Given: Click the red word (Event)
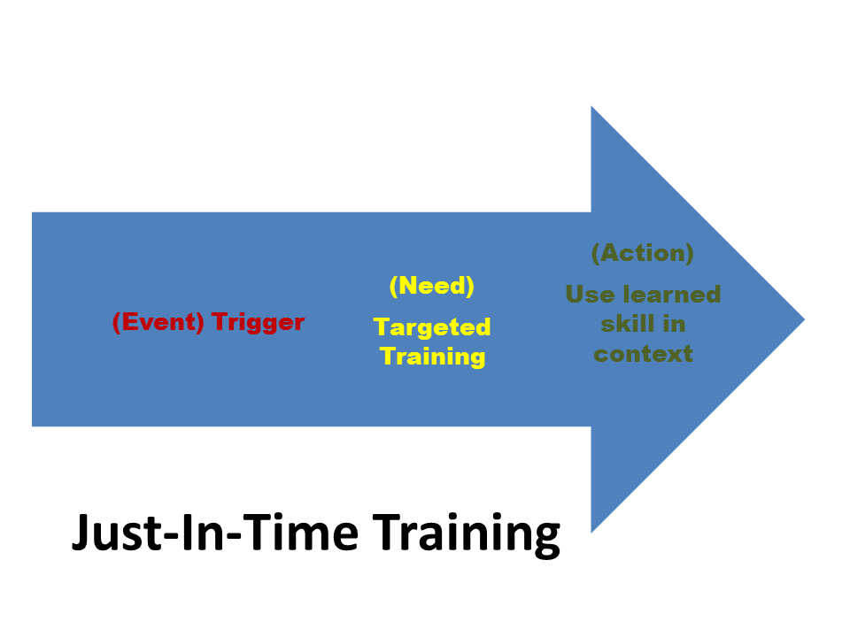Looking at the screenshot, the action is pyautogui.click(x=158, y=322).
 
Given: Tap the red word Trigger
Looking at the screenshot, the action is pyautogui.click(x=259, y=323).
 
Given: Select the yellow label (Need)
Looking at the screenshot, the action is pyautogui.click(x=432, y=286).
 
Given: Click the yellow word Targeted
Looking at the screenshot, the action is pyautogui.click(x=432, y=327).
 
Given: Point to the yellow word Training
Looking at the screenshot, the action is pyautogui.click(x=433, y=357).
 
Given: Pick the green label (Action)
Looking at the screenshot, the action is pyautogui.click(x=643, y=253).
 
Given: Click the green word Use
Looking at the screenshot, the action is pyautogui.click(x=590, y=295).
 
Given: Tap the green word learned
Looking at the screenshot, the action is pyautogui.click(x=672, y=294).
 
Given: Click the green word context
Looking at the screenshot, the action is pyautogui.click(x=644, y=354).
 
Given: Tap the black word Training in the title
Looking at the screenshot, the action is pyautogui.click(x=467, y=534).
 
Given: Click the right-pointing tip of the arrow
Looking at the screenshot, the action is pyautogui.click(x=805, y=319).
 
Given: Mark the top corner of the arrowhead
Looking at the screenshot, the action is pyautogui.click(x=591, y=106).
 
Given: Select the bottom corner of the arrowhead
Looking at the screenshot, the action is pyautogui.click(x=591, y=533).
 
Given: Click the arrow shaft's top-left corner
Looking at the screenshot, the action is pyautogui.click(x=33, y=212).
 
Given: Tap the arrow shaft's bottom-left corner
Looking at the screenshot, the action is pyautogui.click(x=33, y=426).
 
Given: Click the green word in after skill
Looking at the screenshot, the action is pyautogui.click(x=674, y=324).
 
